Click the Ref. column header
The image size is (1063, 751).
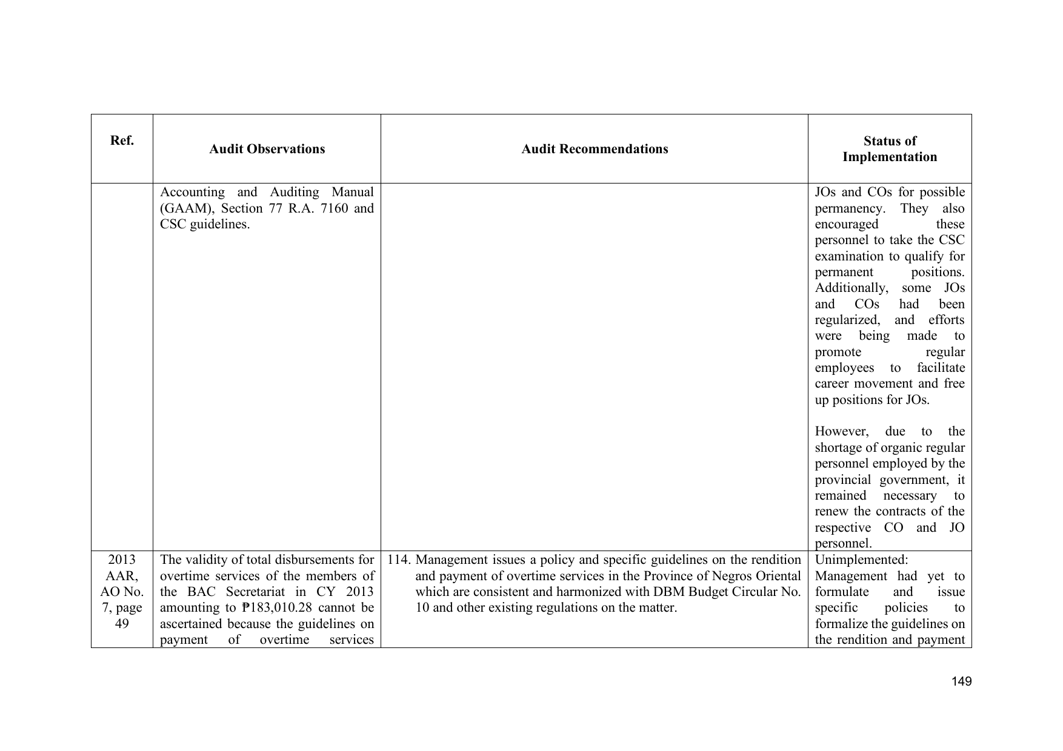click(x=122, y=141)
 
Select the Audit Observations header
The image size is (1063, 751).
click(x=267, y=149)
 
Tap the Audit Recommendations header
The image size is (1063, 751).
click(x=595, y=149)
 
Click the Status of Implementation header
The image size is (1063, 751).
click(x=890, y=149)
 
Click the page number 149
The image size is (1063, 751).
click(x=961, y=682)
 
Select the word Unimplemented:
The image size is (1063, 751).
click(x=861, y=560)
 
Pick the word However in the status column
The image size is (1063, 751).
click(x=841, y=432)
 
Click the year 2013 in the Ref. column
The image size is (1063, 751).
click(x=122, y=560)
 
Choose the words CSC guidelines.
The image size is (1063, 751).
click(x=205, y=224)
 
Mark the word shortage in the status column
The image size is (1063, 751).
click(x=840, y=448)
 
